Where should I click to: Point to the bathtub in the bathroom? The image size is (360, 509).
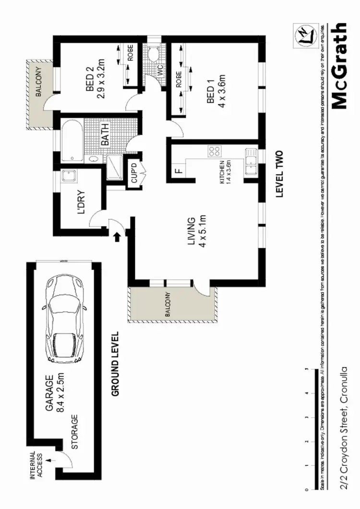point(71,141)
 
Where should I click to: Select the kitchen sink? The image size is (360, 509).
point(250,161)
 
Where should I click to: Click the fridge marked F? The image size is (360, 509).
point(178,170)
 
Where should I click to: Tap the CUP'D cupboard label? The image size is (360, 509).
point(134,174)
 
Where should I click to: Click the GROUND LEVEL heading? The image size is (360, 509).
point(115,364)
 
